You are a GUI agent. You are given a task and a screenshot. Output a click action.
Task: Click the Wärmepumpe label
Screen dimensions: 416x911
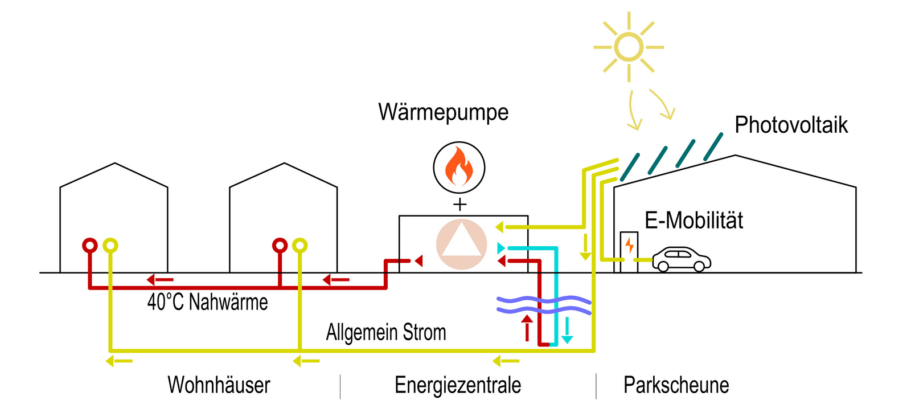[443, 112]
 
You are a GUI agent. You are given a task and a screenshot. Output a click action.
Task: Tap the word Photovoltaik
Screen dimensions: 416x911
[791, 125]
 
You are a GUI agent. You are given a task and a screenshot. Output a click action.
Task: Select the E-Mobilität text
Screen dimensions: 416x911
[693, 221]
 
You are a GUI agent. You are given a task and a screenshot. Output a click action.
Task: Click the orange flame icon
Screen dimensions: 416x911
[459, 166]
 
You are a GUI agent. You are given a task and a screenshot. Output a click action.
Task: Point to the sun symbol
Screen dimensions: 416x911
[629, 47]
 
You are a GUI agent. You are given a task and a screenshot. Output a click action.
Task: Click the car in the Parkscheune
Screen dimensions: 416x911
[682, 259]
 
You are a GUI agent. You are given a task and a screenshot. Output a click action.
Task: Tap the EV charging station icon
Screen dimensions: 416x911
[629, 251]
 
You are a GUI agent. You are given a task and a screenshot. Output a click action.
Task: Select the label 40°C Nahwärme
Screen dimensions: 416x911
[207, 302]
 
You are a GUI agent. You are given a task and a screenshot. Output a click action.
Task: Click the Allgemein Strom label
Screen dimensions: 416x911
[386, 332]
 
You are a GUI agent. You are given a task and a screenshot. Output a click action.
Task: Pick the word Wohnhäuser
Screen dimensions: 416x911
[219, 385]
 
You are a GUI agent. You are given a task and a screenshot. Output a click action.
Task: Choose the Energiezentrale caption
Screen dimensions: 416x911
[458, 385]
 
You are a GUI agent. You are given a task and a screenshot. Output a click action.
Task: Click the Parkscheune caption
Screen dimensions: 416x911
[676, 385]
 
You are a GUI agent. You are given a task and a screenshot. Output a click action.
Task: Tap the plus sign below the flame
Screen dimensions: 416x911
[459, 205]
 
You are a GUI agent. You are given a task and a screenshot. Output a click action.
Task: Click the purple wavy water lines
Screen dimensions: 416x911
[544, 305]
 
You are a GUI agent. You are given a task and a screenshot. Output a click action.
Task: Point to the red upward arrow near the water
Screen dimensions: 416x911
[527, 328]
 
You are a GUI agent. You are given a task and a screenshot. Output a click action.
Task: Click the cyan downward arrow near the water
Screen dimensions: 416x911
[567, 331]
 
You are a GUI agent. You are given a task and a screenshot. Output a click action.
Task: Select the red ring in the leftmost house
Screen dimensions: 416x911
[90, 245]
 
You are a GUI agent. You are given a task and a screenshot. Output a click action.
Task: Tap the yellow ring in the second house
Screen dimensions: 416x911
[299, 246]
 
